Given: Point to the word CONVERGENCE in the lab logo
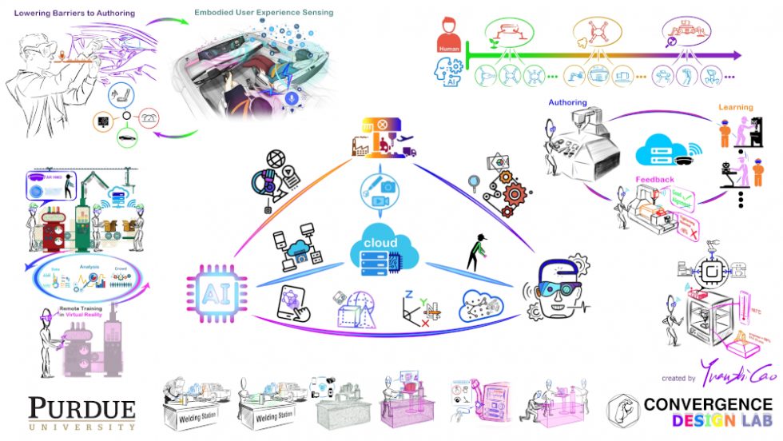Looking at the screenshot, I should (709, 404).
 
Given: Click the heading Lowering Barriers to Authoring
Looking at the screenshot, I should (74, 13).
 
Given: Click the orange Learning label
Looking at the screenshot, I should (734, 107).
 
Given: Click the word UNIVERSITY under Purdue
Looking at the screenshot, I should (81, 427).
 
